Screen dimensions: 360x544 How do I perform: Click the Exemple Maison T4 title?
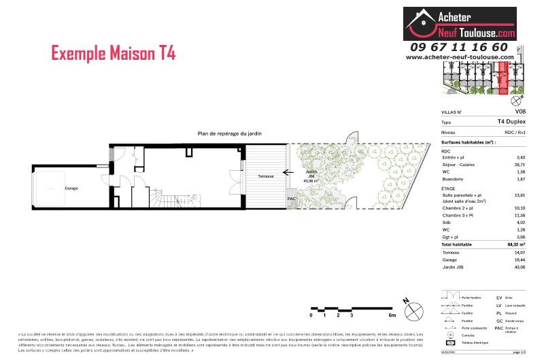(x=114, y=54)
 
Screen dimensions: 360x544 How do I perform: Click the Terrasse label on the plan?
(x=265, y=176)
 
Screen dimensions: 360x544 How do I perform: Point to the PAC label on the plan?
(x=291, y=199)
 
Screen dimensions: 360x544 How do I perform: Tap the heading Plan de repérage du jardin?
(x=229, y=133)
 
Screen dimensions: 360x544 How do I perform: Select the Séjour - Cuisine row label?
(x=458, y=164)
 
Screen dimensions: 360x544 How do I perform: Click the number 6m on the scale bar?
(x=392, y=316)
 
